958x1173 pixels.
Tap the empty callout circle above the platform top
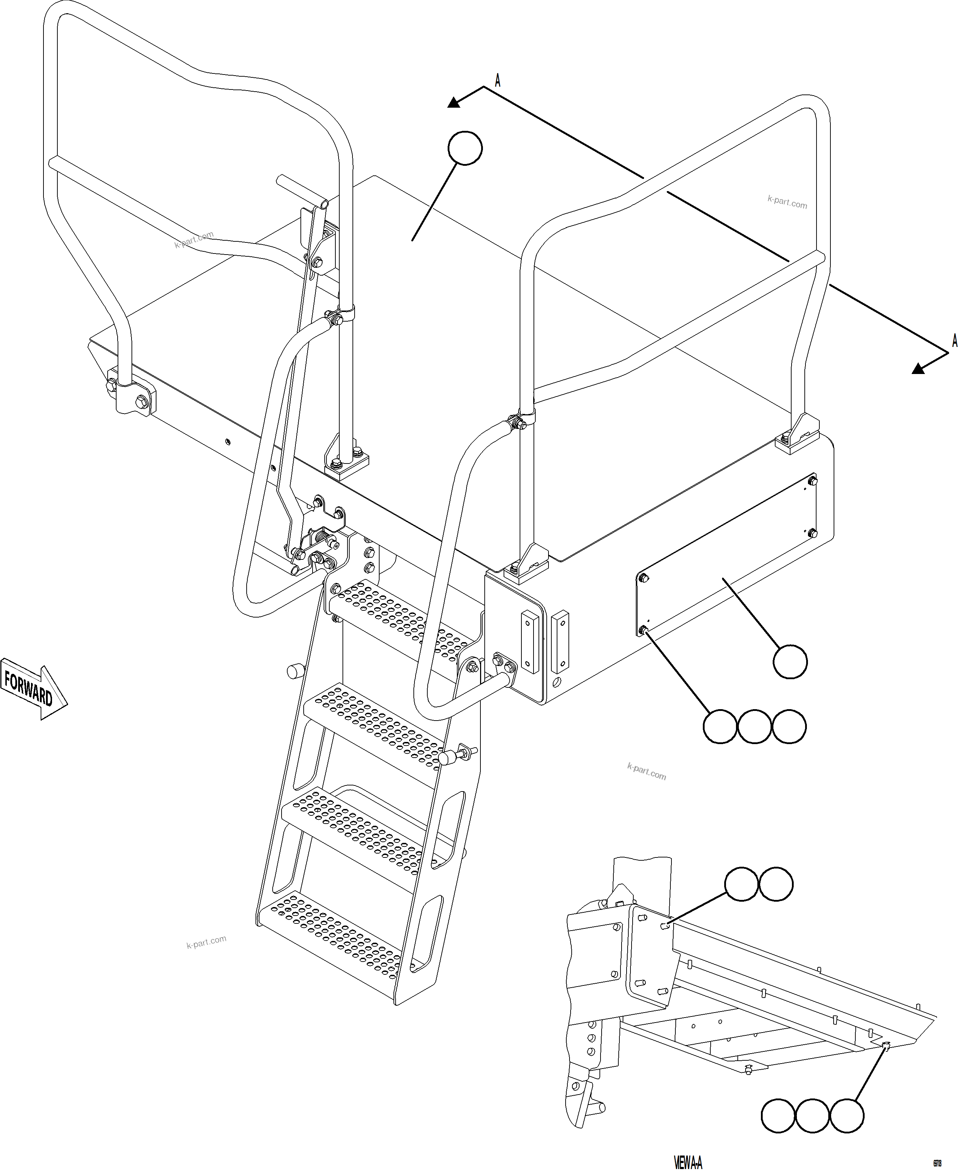coord(465,148)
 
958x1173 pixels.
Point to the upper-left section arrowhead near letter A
coord(454,102)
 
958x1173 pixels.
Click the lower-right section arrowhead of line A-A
coord(918,369)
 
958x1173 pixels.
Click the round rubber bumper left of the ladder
coord(296,671)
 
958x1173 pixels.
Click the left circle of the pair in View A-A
coord(741,884)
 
